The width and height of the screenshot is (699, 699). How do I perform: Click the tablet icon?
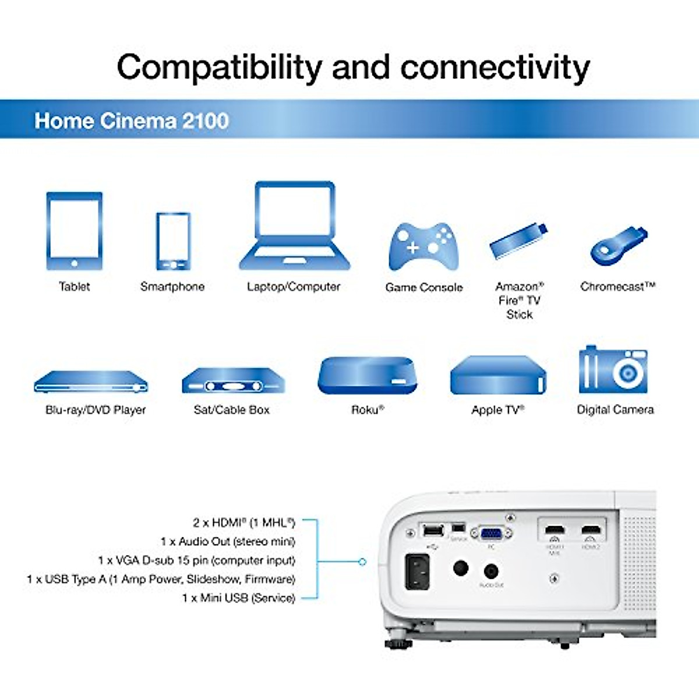pos(74,231)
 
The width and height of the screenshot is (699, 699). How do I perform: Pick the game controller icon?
pos(423,247)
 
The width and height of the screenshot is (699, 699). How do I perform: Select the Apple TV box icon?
pos(498,375)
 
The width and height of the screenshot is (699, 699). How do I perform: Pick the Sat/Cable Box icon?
pos(233,381)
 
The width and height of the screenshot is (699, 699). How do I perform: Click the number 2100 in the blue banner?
pos(205,121)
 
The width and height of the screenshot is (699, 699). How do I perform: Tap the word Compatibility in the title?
pos(219,68)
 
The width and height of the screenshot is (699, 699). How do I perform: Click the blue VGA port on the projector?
pos(491,533)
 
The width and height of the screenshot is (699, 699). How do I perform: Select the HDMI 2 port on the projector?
pos(591,531)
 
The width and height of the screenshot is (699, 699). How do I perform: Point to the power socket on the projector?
pos(417,571)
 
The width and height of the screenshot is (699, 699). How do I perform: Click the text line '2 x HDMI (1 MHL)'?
pos(244,523)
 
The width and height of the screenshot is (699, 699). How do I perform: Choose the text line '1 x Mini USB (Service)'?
pos(238,598)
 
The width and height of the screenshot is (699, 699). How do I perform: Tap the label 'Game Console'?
pos(423,287)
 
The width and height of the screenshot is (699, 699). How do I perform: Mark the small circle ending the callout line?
pos(362,562)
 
